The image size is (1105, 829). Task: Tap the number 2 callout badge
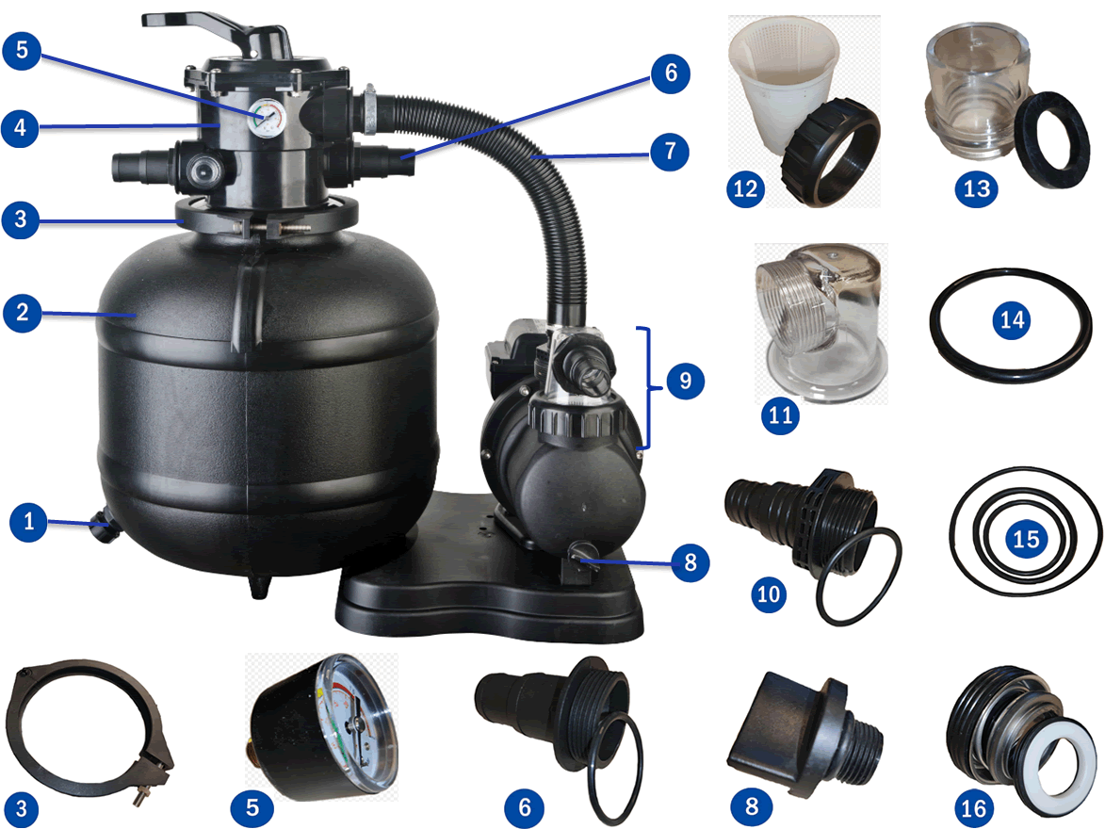(x=22, y=314)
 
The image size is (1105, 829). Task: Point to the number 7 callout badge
(x=670, y=151)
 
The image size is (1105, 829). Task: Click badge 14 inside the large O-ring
(x=1012, y=321)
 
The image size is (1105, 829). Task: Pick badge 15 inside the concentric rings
(x=1025, y=540)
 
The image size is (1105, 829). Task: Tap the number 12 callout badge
(x=745, y=188)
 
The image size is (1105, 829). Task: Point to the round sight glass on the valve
(x=202, y=169)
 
